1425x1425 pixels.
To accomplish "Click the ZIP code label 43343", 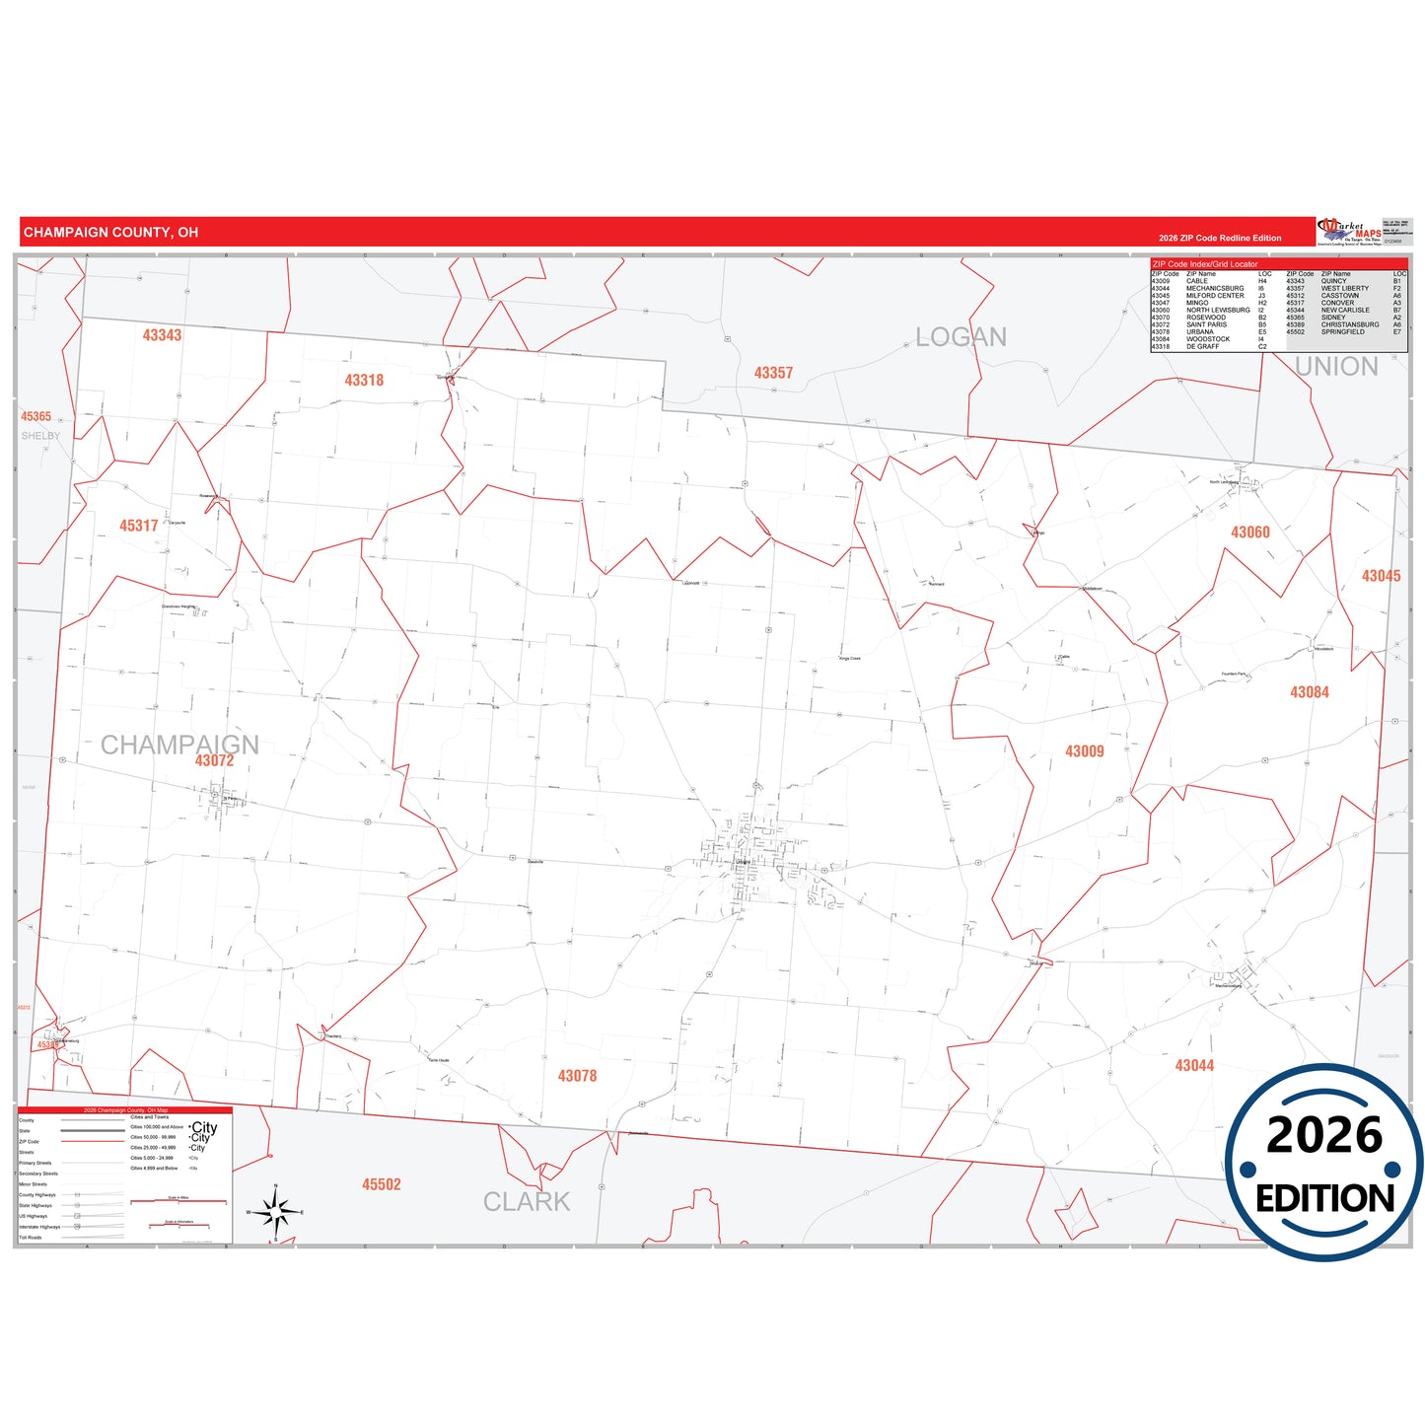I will pos(162,335).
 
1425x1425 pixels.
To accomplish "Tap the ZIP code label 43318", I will pos(364,381).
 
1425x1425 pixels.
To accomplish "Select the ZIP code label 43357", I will pos(773,373).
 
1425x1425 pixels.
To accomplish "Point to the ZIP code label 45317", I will pos(139,526).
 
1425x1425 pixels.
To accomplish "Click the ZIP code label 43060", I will pos(1249,533).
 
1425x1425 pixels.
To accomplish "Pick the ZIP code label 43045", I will pos(1381,576).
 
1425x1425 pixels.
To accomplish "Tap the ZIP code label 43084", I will pos(1309,692).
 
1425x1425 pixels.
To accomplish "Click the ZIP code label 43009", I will pos(1084,751).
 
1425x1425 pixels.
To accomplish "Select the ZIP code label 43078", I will pos(577,1076).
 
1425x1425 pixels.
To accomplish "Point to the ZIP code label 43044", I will pos(1194,1065).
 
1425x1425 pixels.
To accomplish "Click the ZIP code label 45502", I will pos(381,1184).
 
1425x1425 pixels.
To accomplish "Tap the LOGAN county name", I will pos(961,337).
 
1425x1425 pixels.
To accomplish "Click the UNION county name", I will pos(1335,367).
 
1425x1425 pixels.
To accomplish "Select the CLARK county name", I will pos(527,1202).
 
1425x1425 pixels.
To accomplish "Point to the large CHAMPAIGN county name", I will pos(179,745).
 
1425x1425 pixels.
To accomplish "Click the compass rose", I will pos(276,1210).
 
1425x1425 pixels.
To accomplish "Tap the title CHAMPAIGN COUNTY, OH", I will pos(110,233).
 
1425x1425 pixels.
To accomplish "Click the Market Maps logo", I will pos(1349,232).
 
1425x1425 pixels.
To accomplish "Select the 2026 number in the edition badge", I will pos(1324,1135).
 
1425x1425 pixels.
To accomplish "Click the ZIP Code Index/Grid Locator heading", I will pos(1204,264).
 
